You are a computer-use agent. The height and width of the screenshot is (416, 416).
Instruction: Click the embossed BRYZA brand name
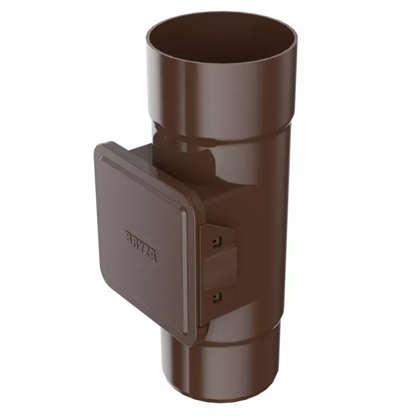pyautogui.click(x=141, y=246)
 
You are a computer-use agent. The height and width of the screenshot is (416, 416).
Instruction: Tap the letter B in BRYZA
pyautogui.click(x=128, y=236)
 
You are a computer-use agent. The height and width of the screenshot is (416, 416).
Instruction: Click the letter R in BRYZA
pyautogui.click(x=134, y=241)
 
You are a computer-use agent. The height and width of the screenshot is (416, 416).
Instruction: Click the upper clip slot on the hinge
pyautogui.click(x=218, y=241)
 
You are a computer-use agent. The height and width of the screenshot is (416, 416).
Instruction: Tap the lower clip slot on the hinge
pyautogui.click(x=218, y=297)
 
